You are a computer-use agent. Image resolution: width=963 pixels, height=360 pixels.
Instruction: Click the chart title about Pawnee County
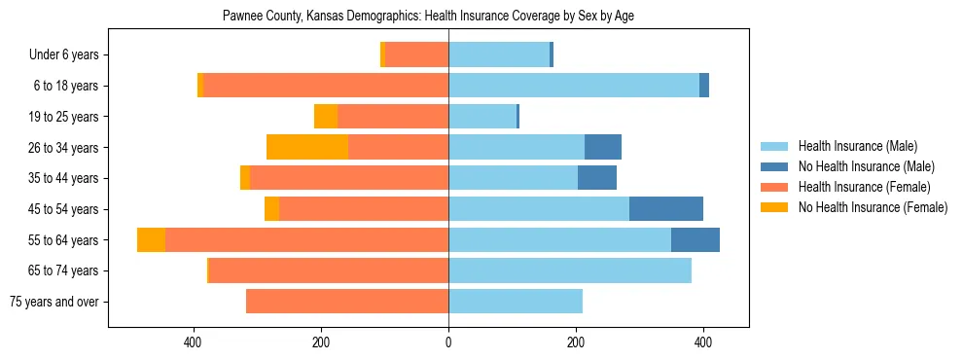click(x=428, y=17)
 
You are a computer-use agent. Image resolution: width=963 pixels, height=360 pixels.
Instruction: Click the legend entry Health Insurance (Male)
click(x=857, y=146)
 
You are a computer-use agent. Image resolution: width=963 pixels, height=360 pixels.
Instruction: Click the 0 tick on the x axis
click(x=448, y=342)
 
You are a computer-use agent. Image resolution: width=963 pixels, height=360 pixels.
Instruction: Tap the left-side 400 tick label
click(x=194, y=342)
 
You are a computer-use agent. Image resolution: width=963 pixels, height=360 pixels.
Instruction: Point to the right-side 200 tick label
click(x=576, y=342)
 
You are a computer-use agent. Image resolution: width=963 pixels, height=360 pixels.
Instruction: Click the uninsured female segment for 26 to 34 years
click(x=307, y=147)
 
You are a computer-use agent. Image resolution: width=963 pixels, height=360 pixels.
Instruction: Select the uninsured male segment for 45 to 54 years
click(x=666, y=209)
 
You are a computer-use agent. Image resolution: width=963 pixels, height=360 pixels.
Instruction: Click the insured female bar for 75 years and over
click(x=347, y=302)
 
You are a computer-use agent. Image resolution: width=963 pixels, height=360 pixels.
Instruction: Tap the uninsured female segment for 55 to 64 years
click(x=151, y=240)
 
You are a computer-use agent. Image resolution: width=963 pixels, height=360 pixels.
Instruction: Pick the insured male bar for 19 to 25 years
click(x=482, y=117)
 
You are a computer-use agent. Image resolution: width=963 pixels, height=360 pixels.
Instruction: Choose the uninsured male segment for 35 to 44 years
click(x=597, y=178)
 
